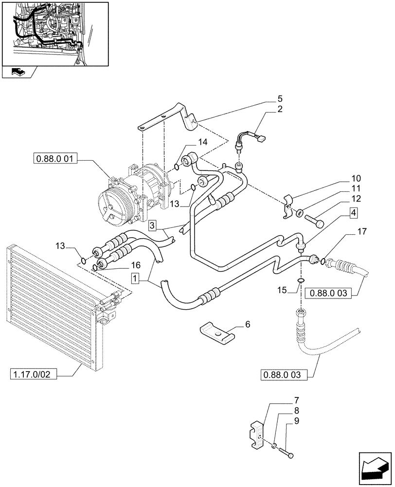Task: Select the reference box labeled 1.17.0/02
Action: click(33, 374)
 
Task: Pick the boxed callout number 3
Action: click(152, 225)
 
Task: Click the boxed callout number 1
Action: click(135, 279)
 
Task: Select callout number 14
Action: click(202, 142)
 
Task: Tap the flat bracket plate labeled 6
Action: click(216, 332)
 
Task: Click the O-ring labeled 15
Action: click(301, 281)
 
